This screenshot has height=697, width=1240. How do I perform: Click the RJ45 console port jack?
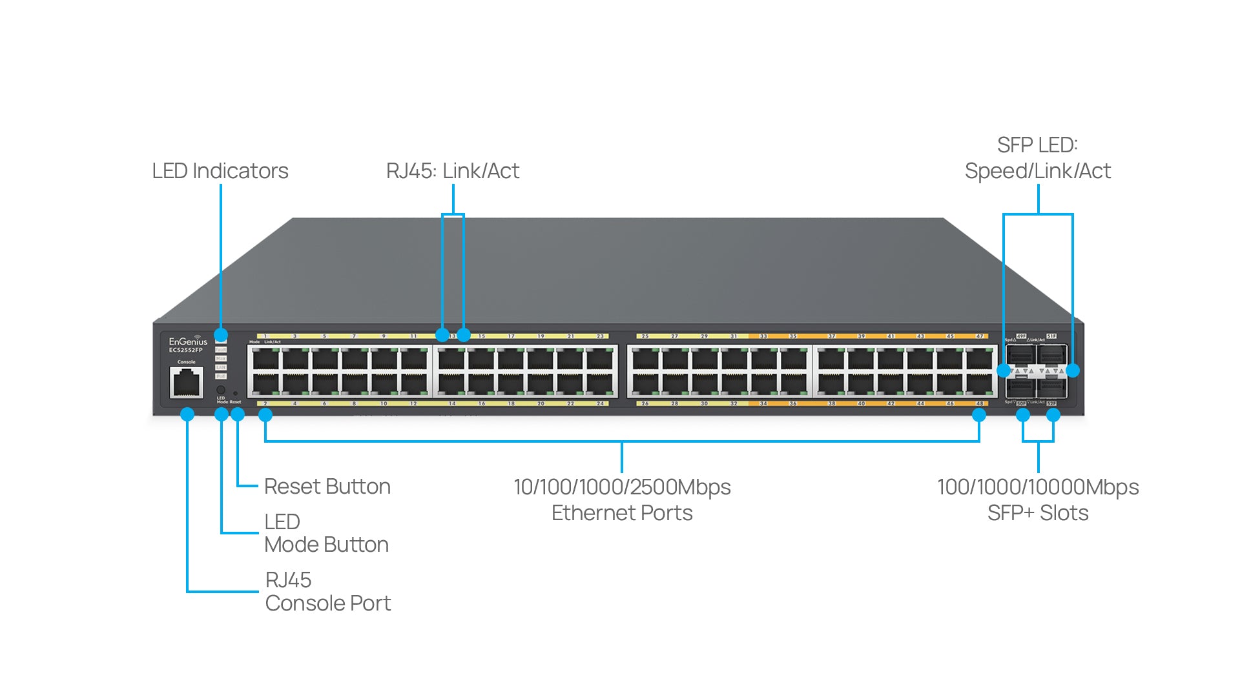(x=187, y=383)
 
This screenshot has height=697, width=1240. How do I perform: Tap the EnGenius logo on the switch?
(x=188, y=341)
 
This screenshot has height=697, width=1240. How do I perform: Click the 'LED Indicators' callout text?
(x=220, y=171)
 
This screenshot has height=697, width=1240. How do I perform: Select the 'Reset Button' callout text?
(x=327, y=487)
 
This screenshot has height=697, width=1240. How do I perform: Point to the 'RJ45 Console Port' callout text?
(x=327, y=592)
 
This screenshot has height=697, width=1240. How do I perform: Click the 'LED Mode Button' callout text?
(x=326, y=533)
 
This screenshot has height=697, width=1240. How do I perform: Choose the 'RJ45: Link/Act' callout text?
(x=452, y=171)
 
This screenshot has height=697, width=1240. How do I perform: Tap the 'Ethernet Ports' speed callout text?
(x=622, y=500)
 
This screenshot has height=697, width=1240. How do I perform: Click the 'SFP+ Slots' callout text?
(x=1038, y=500)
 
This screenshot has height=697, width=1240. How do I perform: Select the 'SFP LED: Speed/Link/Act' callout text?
(x=1037, y=158)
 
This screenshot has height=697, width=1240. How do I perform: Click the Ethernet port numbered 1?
(x=265, y=358)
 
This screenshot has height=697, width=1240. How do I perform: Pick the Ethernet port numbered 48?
(x=979, y=385)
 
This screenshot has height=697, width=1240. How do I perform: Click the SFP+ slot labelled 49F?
(x=1020, y=354)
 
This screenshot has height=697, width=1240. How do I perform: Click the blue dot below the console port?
(x=187, y=414)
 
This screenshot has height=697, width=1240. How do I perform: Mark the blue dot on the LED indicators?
(x=221, y=335)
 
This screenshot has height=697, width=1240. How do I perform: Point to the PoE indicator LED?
(x=221, y=376)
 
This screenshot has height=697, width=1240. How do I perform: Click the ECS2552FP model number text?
(x=186, y=350)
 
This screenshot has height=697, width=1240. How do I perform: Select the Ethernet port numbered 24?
(x=600, y=385)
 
